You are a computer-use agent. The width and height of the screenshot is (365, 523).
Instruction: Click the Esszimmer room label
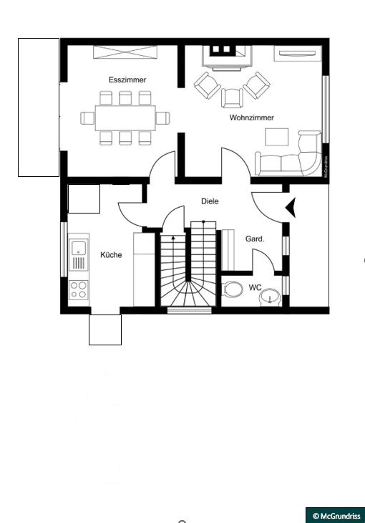click(x=127, y=80)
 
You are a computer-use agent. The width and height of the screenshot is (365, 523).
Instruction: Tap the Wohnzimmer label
click(x=252, y=117)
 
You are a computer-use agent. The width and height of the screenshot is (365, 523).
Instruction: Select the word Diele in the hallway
click(x=210, y=201)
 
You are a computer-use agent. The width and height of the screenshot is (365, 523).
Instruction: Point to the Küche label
click(x=111, y=255)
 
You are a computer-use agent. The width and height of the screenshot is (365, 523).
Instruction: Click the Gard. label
click(x=255, y=239)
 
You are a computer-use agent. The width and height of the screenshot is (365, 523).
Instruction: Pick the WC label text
click(x=255, y=287)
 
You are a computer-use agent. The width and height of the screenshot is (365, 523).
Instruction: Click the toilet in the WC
click(x=232, y=289)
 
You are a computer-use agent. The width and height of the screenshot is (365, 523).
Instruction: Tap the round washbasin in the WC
click(x=271, y=297)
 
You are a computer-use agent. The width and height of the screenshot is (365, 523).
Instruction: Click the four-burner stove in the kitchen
click(x=78, y=290)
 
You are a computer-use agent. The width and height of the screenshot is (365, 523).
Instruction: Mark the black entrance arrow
click(x=291, y=208)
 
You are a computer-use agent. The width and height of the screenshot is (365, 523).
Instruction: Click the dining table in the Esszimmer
click(x=125, y=117)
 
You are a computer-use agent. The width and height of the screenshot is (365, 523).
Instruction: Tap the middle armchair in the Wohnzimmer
click(x=232, y=98)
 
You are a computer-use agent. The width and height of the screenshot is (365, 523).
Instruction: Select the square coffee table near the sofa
click(x=277, y=137)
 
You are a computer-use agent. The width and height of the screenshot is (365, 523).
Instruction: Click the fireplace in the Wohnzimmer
click(x=227, y=57)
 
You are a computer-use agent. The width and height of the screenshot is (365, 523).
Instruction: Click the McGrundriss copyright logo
click(x=336, y=515)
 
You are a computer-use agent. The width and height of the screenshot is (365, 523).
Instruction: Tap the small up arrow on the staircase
click(x=173, y=237)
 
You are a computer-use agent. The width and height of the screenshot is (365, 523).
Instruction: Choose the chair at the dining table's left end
click(x=87, y=118)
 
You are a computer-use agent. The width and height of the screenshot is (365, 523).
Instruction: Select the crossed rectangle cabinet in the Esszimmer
click(x=125, y=52)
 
